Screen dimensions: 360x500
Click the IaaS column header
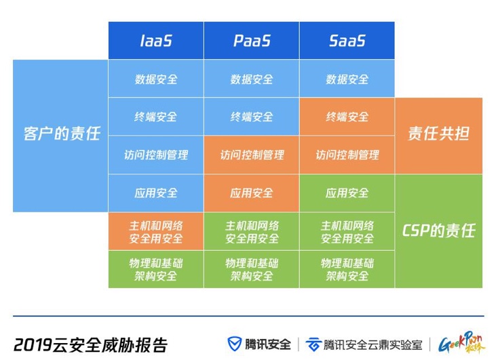(x=156, y=41)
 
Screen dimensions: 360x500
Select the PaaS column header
(x=252, y=41)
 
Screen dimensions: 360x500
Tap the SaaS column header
(x=347, y=41)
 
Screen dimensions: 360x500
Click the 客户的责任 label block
(x=61, y=134)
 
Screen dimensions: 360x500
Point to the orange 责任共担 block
(x=438, y=134)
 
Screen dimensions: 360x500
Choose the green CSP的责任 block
(x=438, y=231)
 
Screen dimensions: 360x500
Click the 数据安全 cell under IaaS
(x=156, y=79)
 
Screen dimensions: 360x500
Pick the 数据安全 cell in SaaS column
(x=347, y=79)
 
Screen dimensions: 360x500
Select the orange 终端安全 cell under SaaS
(x=347, y=117)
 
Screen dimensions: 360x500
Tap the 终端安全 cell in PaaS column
(x=252, y=117)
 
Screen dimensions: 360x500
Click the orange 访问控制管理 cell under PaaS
(x=252, y=155)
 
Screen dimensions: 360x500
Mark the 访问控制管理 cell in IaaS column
(x=156, y=155)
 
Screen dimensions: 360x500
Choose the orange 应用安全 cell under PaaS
(x=252, y=193)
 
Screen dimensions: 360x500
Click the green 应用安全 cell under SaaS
(x=347, y=193)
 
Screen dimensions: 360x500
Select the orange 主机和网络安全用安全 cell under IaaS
(x=156, y=232)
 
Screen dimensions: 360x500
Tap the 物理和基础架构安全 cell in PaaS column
(x=252, y=269)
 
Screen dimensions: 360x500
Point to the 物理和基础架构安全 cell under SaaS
(x=347, y=269)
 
